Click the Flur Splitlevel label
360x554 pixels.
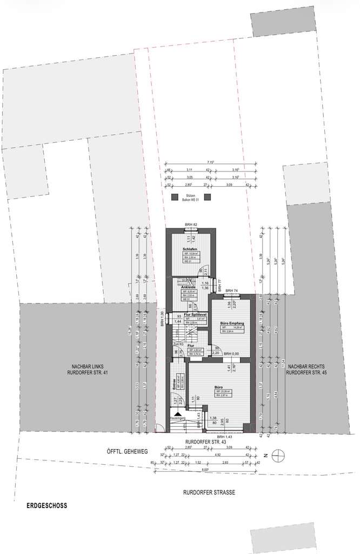[x=195, y=314]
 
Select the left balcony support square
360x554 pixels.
[x=174, y=197]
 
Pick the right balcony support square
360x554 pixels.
[x=207, y=197]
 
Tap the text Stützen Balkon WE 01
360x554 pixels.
[x=190, y=197]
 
